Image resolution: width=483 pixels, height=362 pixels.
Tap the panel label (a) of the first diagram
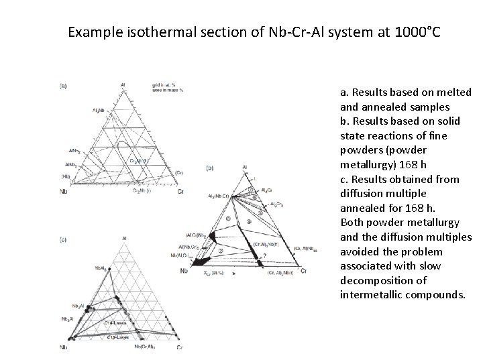[x=63, y=85]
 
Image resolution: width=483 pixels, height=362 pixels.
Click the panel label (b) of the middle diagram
[x=211, y=167]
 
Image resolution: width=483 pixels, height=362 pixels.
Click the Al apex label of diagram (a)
[x=123, y=85]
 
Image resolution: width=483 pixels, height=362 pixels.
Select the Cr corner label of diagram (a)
[x=180, y=191]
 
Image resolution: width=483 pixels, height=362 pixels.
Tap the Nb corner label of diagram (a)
[x=63, y=192]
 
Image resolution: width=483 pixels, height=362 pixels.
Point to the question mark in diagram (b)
[x=265, y=256]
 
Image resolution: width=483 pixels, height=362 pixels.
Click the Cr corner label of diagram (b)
[x=303, y=271]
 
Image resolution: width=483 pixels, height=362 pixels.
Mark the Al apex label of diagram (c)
[x=125, y=237]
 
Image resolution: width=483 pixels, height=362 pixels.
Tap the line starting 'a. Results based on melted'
[x=405, y=93]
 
